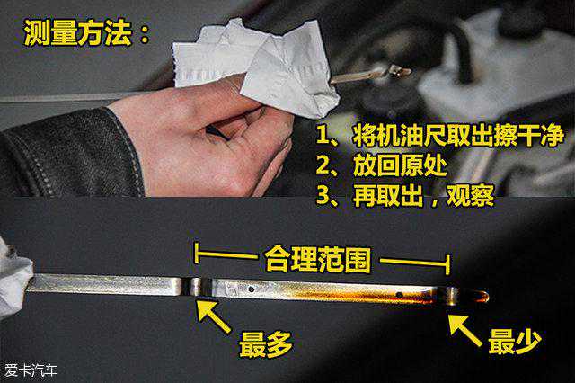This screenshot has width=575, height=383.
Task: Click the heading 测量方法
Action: click(x=78, y=32)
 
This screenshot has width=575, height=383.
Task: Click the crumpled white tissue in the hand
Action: click(x=257, y=66)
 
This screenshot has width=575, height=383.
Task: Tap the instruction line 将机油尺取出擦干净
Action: click(x=458, y=136)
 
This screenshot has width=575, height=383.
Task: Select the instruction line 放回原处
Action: click(x=400, y=165)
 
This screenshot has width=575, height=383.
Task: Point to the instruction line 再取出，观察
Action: click(x=423, y=196)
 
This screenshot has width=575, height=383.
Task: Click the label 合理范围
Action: click(x=317, y=260)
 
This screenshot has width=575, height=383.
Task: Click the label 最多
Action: click(x=266, y=344)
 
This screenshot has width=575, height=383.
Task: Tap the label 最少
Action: click(x=515, y=341)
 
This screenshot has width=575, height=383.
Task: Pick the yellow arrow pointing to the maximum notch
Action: click(x=214, y=316)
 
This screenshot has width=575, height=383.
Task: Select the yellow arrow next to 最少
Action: click(x=465, y=330)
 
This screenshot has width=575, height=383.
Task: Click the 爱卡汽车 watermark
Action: click(x=31, y=370)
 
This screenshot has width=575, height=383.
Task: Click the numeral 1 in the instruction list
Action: click(x=323, y=136)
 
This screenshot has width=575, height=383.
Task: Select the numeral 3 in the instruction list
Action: click(x=323, y=196)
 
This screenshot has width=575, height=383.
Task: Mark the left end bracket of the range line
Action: click(x=197, y=253)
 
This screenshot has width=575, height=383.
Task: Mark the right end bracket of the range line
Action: click(x=447, y=264)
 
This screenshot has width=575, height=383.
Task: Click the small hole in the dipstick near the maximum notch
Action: click(x=252, y=289)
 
